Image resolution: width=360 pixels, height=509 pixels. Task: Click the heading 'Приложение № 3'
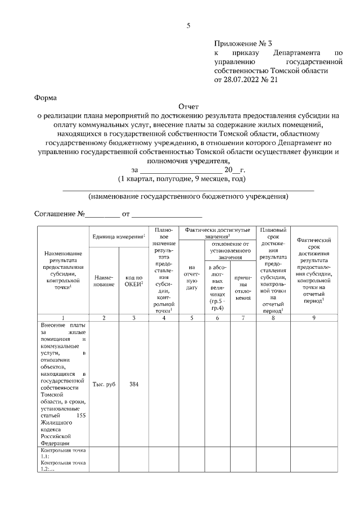point(242,43)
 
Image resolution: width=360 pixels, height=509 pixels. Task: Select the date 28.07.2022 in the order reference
point(242,80)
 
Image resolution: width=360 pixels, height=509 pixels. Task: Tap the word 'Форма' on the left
point(46,97)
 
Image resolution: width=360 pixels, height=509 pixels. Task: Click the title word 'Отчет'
point(188,106)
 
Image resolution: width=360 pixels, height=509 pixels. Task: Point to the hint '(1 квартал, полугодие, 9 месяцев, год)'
point(182,179)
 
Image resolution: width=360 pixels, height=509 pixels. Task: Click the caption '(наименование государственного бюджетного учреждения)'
point(188,197)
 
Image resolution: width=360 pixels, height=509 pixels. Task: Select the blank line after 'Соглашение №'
point(103,215)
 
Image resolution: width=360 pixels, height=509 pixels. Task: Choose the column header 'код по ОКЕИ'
point(133,280)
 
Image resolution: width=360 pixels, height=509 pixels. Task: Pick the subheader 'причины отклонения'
point(243,286)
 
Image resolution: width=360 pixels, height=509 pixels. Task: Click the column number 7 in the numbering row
point(243,318)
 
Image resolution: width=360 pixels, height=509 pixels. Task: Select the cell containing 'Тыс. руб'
point(103,384)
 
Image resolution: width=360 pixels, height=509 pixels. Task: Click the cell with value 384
point(133,384)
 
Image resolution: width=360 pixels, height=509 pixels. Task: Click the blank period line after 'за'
point(180,170)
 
